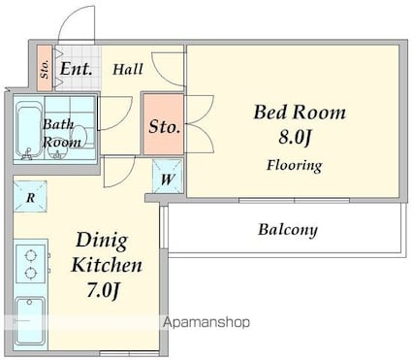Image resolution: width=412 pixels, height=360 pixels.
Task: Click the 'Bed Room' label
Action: [x=300, y=113]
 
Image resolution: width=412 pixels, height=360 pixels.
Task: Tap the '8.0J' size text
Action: [x=295, y=137]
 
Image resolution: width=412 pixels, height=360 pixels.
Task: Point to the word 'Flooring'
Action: [x=295, y=166]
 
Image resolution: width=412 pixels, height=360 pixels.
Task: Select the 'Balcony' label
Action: [x=288, y=230]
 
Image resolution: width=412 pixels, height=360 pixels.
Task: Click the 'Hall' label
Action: [x=128, y=69]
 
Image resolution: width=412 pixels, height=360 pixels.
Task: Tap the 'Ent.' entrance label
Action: [x=77, y=69]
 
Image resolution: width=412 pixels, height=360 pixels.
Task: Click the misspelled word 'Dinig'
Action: [x=102, y=241]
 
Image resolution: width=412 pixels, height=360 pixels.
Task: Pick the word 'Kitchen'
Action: [x=107, y=265]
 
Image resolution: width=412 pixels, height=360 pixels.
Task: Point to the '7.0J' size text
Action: [x=104, y=290]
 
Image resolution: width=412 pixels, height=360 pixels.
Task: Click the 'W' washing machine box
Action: [x=168, y=177]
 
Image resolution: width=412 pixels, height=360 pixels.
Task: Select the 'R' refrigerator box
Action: [x=30, y=197]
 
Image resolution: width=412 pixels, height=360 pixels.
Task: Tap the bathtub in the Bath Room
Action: [x=29, y=130]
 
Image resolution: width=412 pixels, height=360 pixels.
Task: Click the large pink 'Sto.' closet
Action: [x=164, y=124]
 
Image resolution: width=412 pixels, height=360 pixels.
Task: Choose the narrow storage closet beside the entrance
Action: [x=45, y=68]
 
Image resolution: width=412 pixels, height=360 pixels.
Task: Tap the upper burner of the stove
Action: [x=30, y=256]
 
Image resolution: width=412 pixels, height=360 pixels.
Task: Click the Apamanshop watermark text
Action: [x=206, y=322]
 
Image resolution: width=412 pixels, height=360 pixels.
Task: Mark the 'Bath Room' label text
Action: [x=61, y=133]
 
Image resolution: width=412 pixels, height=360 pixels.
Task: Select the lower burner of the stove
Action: [x=30, y=274]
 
